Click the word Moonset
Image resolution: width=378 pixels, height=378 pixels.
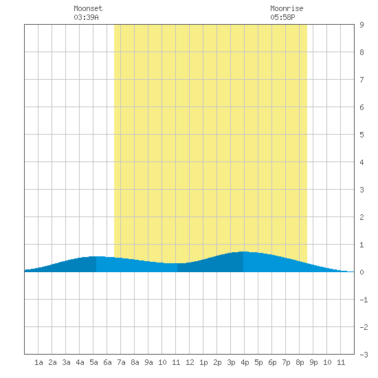point(88,8)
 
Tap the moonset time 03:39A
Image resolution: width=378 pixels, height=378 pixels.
point(86,17)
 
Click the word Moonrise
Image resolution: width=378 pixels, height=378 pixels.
point(287,8)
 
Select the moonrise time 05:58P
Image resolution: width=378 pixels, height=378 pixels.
point(282,17)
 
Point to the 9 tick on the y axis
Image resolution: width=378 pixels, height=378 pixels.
point(362,25)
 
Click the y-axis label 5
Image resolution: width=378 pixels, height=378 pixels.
point(362,135)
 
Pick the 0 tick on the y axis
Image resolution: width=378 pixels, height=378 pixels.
point(362,272)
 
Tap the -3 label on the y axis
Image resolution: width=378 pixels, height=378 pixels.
point(364,355)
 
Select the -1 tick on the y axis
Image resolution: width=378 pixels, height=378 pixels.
point(364,300)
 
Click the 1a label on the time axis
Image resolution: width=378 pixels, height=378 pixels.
point(38,362)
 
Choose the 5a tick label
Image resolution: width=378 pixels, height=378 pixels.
point(93,362)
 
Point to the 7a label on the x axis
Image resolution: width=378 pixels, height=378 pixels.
point(121,362)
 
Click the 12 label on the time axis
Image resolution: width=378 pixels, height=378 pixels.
point(190,362)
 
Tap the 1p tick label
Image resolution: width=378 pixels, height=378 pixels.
point(203,362)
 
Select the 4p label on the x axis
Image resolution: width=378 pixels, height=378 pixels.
point(245,362)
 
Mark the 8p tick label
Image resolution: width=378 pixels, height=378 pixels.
point(300,362)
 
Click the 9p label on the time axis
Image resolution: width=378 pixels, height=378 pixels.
point(313,362)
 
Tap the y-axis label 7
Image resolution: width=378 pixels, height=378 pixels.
point(362,80)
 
